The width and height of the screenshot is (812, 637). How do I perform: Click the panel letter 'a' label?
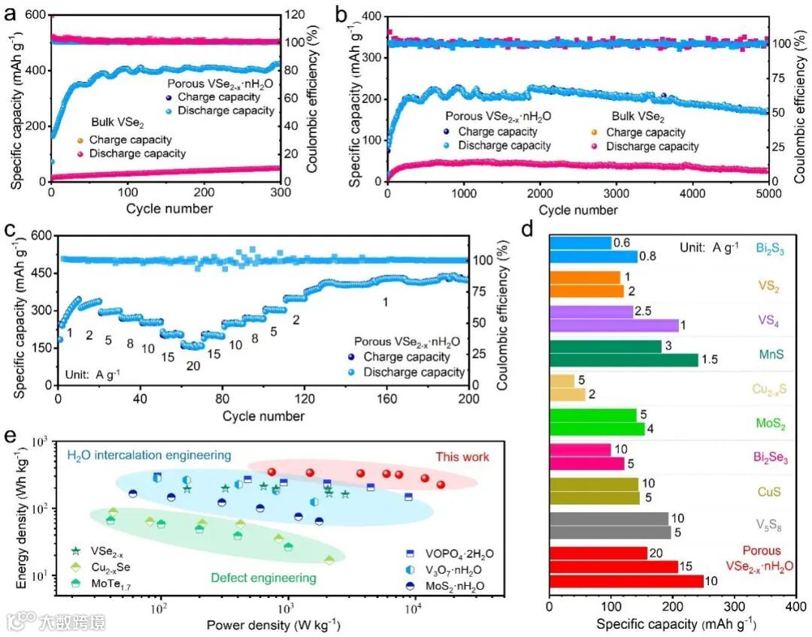(x=11, y=13)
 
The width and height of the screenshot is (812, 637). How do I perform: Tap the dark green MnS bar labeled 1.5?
(x=624, y=360)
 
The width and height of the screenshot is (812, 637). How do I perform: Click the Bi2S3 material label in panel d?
(x=771, y=249)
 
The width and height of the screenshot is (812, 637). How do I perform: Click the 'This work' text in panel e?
(x=462, y=457)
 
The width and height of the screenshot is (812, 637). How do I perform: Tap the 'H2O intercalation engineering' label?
(x=149, y=455)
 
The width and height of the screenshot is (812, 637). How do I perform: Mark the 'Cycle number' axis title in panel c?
(x=263, y=416)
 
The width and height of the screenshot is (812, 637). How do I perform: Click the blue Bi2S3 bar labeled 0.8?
(x=594, y=256)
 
